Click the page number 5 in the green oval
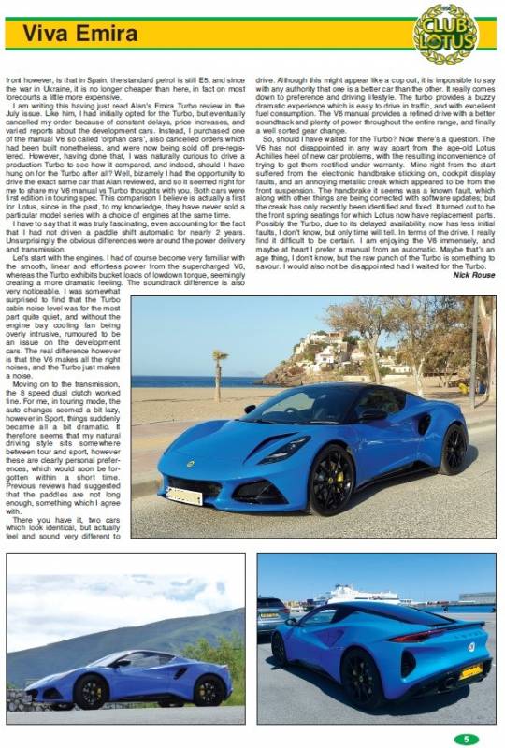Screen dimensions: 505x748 click(x=466, y=739)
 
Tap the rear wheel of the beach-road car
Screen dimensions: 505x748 click(x=453, y=449)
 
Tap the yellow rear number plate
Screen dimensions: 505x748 click(x=470, y=671)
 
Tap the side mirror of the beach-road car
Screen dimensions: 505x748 click(x=372, y=414)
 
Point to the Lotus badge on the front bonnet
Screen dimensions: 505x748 click(x=190, y=463)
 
